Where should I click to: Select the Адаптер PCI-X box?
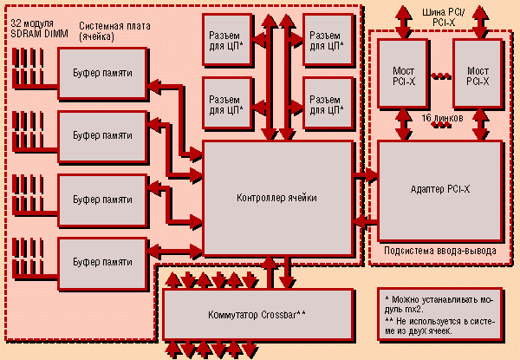[x=439, y=188]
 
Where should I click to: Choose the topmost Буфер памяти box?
[x=102, y=72]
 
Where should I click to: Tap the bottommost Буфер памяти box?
[x=102, y=261]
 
